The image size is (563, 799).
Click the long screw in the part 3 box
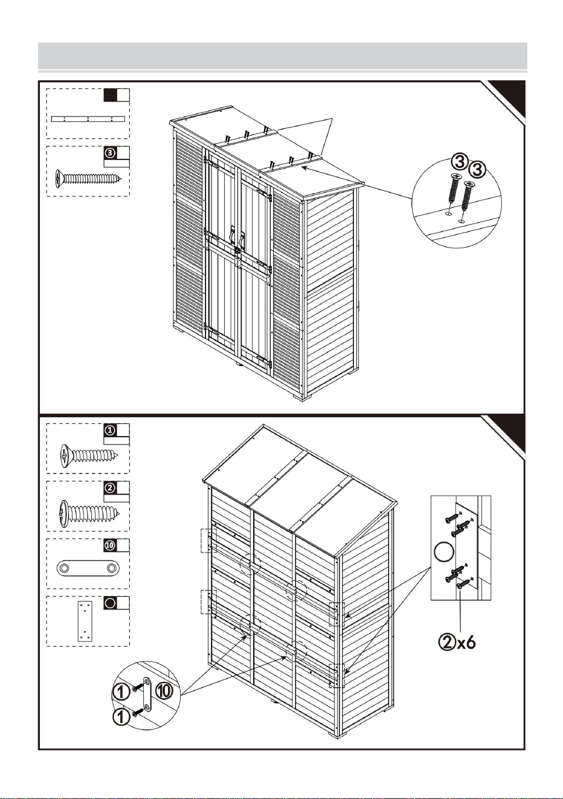tap(88, 178)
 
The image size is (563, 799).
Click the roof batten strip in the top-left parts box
tap(88, 119)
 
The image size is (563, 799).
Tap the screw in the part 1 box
tap(89, 455)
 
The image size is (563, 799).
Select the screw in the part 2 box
tap(89, 513)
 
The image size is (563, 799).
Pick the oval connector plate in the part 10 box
tap(88, 568)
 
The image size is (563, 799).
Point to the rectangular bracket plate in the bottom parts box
tap(85, 621)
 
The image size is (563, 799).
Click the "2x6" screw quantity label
tap(457, 643)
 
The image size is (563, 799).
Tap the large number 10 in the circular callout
tap(164, 691)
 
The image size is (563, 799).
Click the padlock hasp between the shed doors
tap(237, 251)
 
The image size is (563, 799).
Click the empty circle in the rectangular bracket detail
tap(444, 552)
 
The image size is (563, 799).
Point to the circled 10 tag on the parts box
tap(111, 545)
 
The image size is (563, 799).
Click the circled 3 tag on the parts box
tap(111, 153)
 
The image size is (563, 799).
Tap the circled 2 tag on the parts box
tap(111, 487)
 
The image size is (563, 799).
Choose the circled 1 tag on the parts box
tap(111, 430)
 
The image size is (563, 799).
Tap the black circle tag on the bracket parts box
tap(111, 603)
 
